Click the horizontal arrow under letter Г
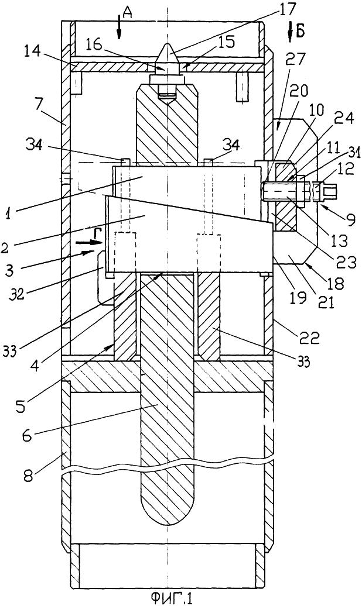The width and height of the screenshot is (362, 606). [x=89, y=243]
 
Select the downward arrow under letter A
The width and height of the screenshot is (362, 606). [x=119, y=30]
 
